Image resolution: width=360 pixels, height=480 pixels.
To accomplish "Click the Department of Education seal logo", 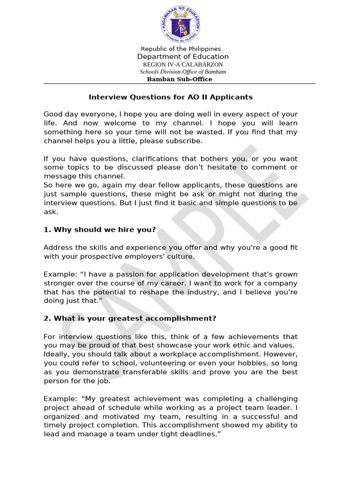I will point(180,25).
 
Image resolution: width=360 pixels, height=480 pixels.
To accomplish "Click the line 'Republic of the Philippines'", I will point(180,49).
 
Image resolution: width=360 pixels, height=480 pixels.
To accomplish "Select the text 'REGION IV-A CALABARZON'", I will point(183,64).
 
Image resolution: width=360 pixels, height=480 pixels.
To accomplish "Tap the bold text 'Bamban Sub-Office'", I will point(180,79).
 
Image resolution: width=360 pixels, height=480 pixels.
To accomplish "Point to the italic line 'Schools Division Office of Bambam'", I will point(183,72).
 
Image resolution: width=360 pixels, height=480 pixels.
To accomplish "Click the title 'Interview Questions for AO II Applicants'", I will point(171,97).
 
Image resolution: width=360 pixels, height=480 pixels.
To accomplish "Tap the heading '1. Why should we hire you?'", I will point(99,230).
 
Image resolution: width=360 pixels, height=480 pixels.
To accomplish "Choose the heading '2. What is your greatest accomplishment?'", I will point(130,318).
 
